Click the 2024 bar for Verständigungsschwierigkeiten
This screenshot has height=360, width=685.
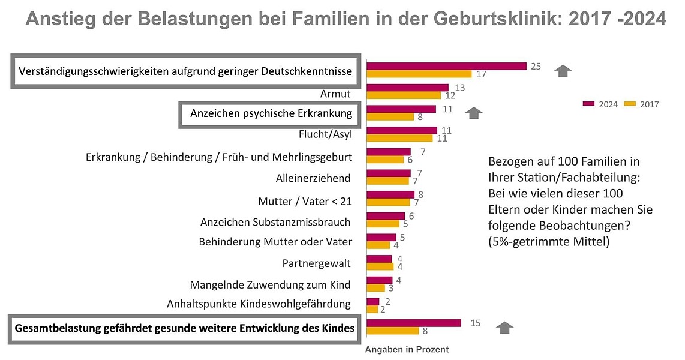point(446,66)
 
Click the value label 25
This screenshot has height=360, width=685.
point(536,66)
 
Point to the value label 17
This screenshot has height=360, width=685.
point(480,74)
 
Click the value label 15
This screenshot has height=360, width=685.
point(476,323)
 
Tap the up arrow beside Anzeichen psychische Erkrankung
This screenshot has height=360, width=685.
point(475,112)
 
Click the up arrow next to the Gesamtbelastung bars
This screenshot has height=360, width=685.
point(506,327)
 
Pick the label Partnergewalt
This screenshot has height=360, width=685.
point(316,263)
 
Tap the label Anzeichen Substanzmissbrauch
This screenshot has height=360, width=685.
point(275,222)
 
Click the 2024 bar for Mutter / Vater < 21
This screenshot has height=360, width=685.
point(390,194)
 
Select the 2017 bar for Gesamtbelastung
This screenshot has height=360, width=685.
point(392,331)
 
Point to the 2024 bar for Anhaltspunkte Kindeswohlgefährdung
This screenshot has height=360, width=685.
point(373,301)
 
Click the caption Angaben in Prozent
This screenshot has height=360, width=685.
point(407,349)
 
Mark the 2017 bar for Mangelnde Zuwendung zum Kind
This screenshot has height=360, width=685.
point(375,288)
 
